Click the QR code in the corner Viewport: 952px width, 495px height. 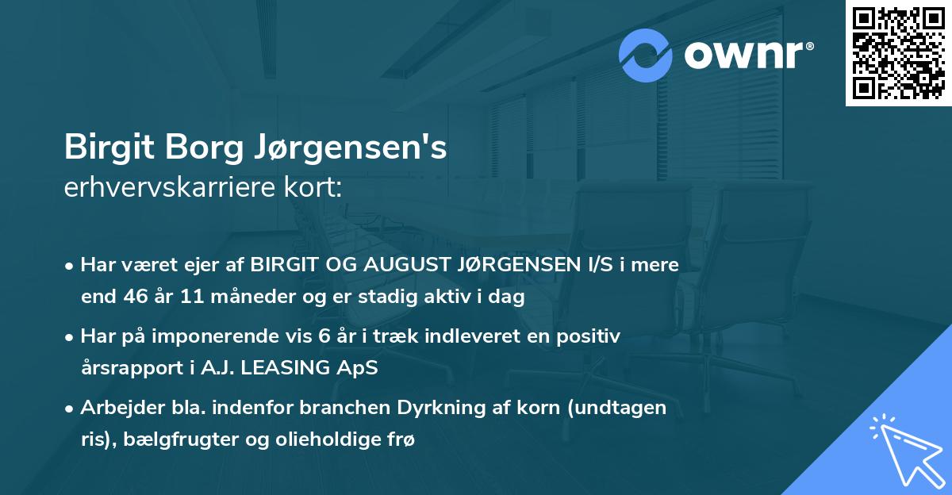pyautogui.click(x=898, y=53)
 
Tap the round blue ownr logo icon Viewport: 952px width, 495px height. pyautogui.click(x=646, y=55)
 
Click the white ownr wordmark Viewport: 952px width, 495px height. pyautogui.click(x=747, y=56)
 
